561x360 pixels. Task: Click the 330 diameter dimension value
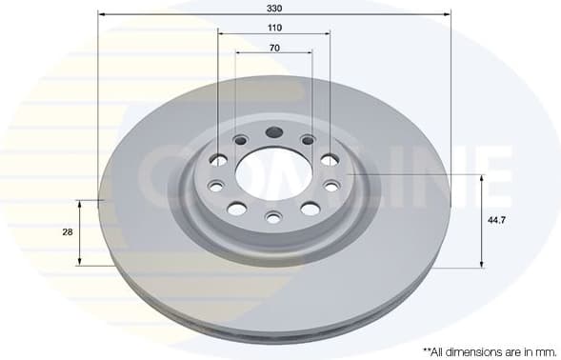274,7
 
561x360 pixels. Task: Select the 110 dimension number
274,28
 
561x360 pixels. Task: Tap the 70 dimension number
274,47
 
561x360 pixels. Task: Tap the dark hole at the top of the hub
274,133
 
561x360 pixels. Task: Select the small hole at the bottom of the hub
273,218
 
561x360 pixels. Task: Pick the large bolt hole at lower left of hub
237,209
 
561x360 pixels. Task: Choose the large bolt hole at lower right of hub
310,209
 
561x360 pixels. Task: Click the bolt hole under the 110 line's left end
218,159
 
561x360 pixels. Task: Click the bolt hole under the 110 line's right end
330,159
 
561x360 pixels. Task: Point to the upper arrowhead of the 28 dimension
80,204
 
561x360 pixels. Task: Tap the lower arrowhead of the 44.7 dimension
481,264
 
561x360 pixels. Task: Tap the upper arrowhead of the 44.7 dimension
481,178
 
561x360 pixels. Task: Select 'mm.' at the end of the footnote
538,351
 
